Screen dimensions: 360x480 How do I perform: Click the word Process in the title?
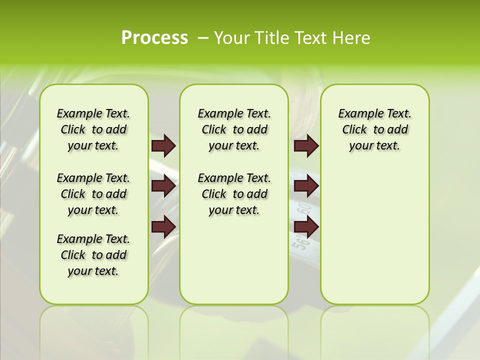(x=154, y=38)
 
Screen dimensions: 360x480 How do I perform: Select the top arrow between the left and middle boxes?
(x=163, y=145)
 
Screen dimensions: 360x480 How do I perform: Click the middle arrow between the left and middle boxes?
(x=163, y=186)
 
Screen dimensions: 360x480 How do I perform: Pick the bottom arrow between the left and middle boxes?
(x=163, y=227)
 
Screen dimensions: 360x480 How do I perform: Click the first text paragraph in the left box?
(x=93, y=129)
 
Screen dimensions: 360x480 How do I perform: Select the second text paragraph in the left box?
(x=93, y=194)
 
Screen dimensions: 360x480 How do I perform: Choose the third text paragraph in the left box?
(x=93, y=255)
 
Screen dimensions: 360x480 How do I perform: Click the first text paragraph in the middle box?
(x=234, y=129)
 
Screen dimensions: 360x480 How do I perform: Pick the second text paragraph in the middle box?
(x=234, y=194)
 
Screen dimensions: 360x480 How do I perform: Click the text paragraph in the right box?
(x=375, y=129)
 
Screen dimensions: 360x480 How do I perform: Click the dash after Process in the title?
(x=203, y=38)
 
